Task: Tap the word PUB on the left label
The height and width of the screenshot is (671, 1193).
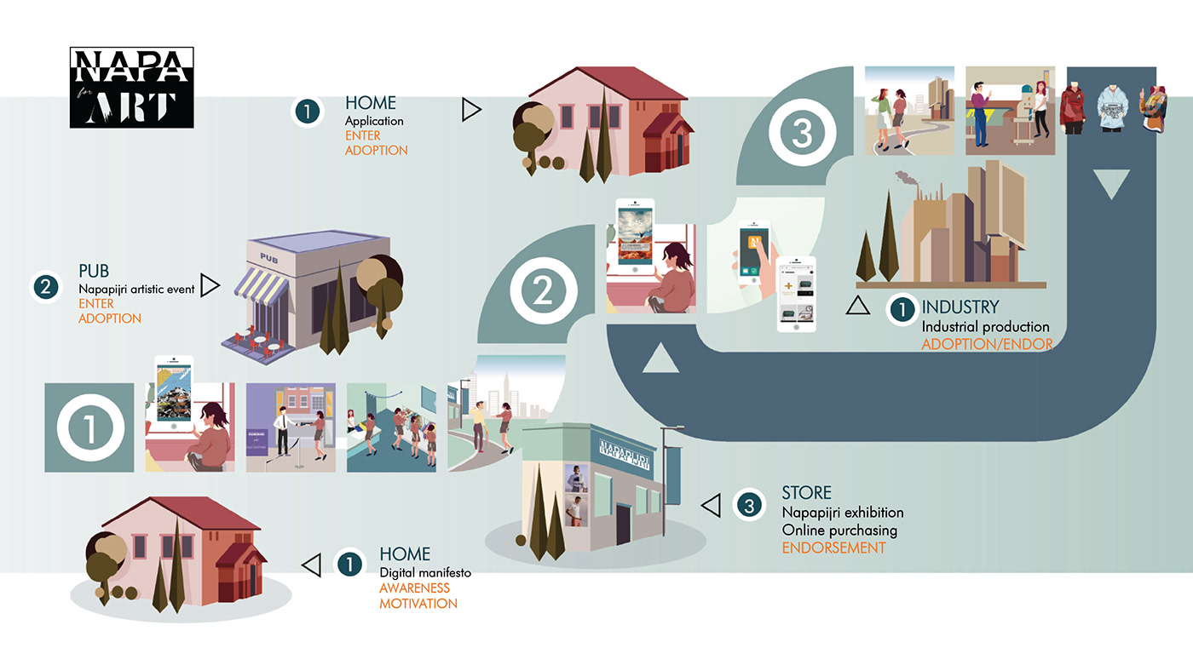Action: coord(94,272)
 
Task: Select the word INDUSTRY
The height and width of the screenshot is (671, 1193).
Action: coord(960,307)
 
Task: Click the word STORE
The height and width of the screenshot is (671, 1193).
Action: coord(806,493)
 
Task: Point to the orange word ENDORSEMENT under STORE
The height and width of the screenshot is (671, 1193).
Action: coord(833,548)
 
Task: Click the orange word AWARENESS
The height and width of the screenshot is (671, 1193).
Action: coord(414,588)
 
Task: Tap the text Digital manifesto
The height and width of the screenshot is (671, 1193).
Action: coord(425,572)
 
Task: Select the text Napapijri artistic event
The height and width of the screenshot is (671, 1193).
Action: coord(136,290)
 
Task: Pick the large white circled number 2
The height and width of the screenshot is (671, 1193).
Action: coord(544,292)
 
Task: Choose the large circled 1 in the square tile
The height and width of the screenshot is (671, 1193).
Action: coord(89,427)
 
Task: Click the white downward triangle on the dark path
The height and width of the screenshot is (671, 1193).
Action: coord(1109,183)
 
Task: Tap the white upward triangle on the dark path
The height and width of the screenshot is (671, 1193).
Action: coord(660,359)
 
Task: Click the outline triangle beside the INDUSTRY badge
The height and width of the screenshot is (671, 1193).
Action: coord(858,306)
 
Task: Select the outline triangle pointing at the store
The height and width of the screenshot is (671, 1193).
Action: coord(711,506)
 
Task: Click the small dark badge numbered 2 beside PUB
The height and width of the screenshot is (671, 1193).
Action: coord(45,286)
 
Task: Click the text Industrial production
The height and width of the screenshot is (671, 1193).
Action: coord(985,327)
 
